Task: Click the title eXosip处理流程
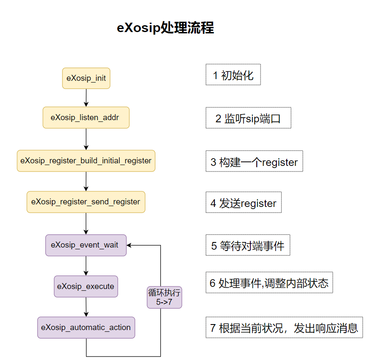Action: (x=166, y=28)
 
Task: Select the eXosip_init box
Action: (x=86, y=78)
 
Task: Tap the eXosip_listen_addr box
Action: (x=86, y=118)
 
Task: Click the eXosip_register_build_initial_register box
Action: (x=86, y=161)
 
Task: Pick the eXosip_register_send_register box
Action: (x=86, y=202)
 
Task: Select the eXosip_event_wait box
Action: (x=86, y=245)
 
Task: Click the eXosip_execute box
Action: (x=86, y=286)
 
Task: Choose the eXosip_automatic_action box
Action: (x=86, y=328)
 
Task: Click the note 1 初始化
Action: (x=233, y=75)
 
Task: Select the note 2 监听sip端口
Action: (x=248, y=118)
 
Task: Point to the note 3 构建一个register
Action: (x=254, y=161)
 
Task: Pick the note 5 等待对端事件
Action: (x=248, y=245)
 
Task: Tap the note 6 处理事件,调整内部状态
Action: (x=269, y=283)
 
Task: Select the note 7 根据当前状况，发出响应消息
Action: (x=284, y=328)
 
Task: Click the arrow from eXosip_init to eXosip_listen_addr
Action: (x=86, y=97)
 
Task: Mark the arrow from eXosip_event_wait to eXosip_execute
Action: (x=86, y=266)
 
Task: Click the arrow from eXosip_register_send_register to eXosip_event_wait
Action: (x=86, y=223)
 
